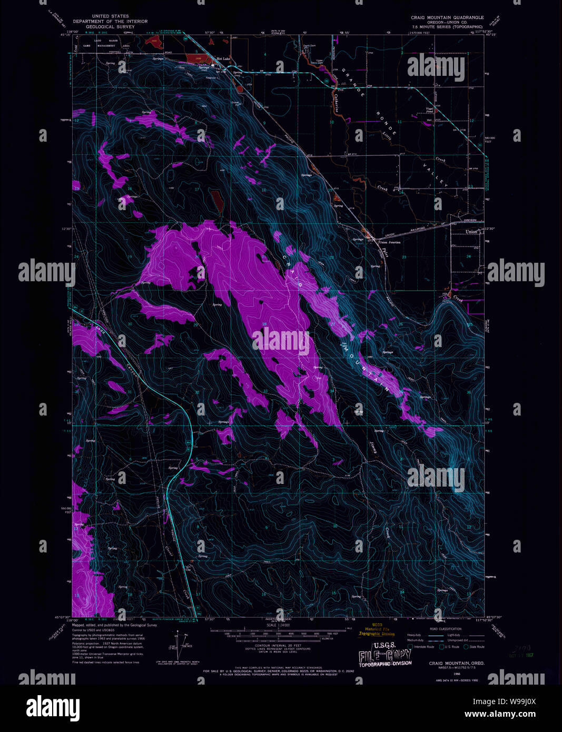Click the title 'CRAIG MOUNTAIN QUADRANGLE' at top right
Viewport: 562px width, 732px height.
(447, 17)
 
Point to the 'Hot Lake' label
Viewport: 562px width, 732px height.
(223, 59)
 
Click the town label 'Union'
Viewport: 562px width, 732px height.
(471, 232)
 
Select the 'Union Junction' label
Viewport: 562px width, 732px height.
(390, 242)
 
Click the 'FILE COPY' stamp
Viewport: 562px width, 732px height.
(385, 656)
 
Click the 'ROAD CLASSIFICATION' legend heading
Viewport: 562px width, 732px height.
(446, 629)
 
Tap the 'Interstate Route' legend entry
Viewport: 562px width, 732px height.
(424, 647)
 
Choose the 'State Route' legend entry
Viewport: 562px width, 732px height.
(476, 647)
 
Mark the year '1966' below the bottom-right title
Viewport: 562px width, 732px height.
(449, 673)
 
